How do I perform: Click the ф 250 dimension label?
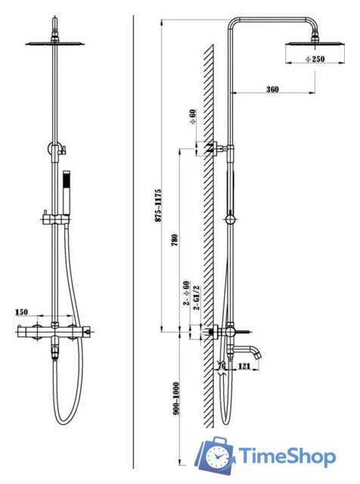pos(315,59)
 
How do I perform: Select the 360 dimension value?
pos(272,89)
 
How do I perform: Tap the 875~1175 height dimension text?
pos(158,205)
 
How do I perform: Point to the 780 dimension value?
pos(175,240)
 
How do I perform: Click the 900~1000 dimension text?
pos(175,399)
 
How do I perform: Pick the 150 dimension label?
pos(21,312)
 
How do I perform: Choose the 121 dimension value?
pos(244,366)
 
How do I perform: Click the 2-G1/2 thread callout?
pos(196,298)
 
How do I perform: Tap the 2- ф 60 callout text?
pos(186,293)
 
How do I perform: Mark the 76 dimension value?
pos(222,366)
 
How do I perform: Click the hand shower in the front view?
pos(67,192)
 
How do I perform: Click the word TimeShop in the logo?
pos(287,456)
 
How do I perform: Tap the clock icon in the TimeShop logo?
pos(217,456)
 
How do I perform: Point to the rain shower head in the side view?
pos(315,44)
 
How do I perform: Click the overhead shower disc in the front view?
pos(55,44)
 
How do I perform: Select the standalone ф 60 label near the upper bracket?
pos(193,116)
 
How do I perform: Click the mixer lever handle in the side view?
pos(244,333)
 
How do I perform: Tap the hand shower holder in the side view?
pos(231,219)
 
